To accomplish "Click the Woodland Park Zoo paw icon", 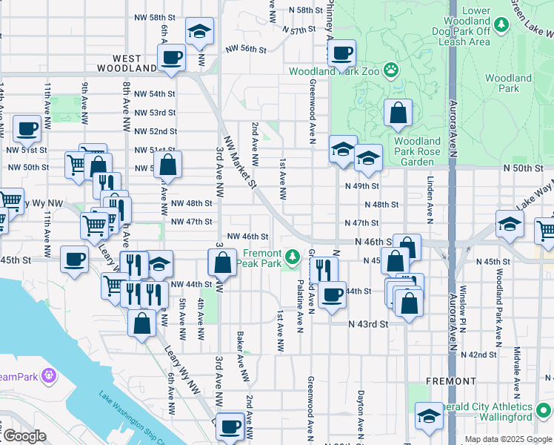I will pyautogui.click(x=390, y=71).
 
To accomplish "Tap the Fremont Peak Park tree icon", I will pyautogui.click(x=293, y=257).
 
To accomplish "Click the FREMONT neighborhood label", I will pyautogui.click(x=452, y=380).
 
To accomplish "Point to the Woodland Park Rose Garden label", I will pyautogui.click(x=417, y=151).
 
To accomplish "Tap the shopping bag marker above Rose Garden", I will pyautogui.click(x=398, y=113).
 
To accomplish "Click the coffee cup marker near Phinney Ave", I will pyautogui.click(x=341, y=53).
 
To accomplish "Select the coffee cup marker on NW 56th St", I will pyautogui.click(x=171, y=59).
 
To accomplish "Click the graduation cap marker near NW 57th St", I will pyautogui.click(x=198, y=33).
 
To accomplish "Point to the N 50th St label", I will pyautogui.click(x=527, y=169).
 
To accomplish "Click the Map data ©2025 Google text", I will pyautogui.click(x=507, y=439).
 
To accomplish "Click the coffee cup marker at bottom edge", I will pyautogui.click(x=231, y=426).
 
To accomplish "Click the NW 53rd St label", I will pyautogui.click(x=155, y=113).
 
